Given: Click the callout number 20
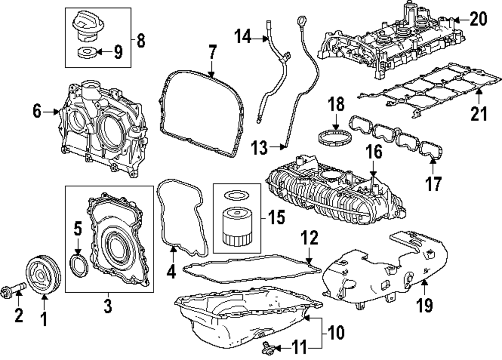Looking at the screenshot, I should (479, 20).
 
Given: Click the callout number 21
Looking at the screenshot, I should (479, 114).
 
